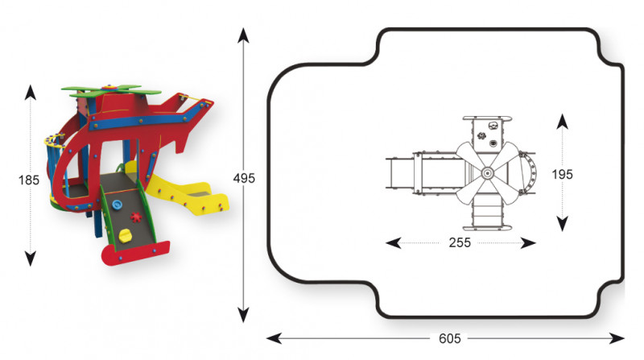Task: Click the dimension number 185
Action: click(x=29, y=180)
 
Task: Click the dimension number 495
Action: click(x=244, y=178)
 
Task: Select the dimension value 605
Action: click(x=450, y=338)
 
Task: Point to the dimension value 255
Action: click(x=460, y=242)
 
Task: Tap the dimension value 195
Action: click(x=562, y=174)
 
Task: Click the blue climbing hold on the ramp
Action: click(x=117, y=204)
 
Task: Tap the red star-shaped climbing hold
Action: click(x=136, y=217)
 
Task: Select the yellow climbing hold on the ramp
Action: click(x=125, y=235)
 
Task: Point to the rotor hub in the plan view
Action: click(x=488, y=173)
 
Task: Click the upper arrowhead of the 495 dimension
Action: click(x=243, y=35)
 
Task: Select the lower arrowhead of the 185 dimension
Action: click(x=30, y=259)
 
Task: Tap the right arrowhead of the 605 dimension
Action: click(x=617, y=338)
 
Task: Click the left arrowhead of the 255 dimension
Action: click(x=393, y=243)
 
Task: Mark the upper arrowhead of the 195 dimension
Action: click(x=562, y=122)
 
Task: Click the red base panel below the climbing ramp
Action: click(x=135, y=253)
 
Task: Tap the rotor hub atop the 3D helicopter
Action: click(x=109, y=88)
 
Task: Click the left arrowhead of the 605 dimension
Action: click(x=274, y=338)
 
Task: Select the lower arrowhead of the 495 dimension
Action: click(x=243, y=315)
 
